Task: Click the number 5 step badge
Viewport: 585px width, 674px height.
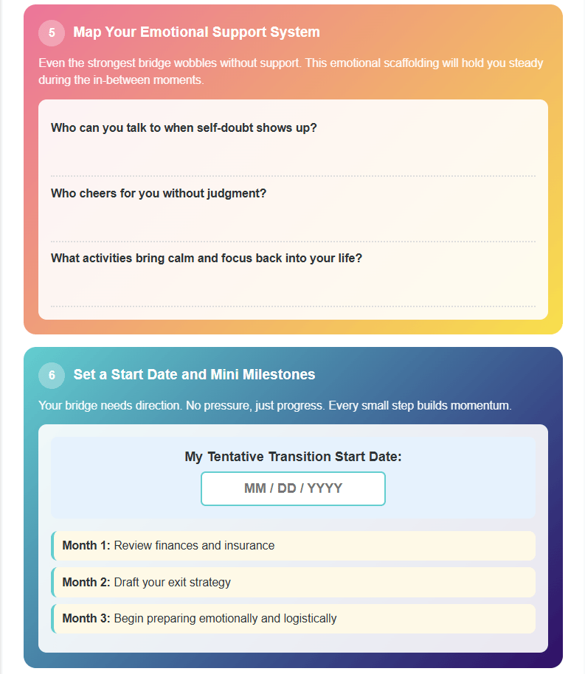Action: tap(52, 32)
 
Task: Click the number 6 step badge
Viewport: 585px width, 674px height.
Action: tap(52, 375)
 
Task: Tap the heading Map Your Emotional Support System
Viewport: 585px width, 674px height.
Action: tap(196, 32)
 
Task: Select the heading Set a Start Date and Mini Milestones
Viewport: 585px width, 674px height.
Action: tap(194, 375)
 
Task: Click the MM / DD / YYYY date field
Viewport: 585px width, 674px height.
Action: tap(293, 488)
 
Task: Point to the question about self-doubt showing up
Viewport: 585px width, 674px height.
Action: tap(184, 127)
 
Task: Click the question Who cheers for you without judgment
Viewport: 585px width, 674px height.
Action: tap(159, 193)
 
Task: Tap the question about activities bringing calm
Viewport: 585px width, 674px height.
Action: tap(207, 259)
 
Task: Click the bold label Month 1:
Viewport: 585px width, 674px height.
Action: tap(86, 546)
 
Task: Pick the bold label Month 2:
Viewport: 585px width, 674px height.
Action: tap(86, 583)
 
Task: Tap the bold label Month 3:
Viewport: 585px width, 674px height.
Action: tap(86, 619)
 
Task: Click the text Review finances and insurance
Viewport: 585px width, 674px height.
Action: tap(194, 546)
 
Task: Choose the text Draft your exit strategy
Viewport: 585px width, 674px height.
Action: tap(172, 583)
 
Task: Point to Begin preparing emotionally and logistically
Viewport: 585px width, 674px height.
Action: tap(225, 619)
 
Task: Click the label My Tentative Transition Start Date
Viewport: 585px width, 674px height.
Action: tap(293, 457)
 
